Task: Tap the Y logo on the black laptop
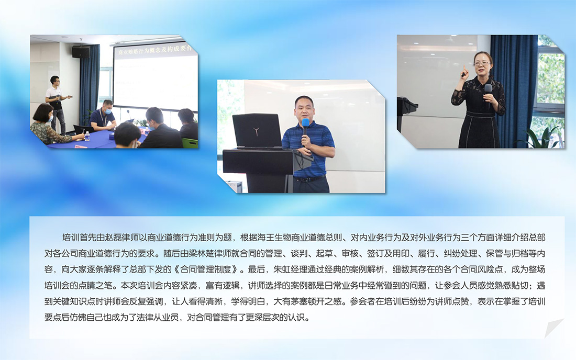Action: [256, 130]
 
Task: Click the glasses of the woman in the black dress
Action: [482, 64]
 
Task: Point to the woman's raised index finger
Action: [464, 70]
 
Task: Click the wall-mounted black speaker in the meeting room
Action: [81, 52]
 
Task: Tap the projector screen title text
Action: [154, 50]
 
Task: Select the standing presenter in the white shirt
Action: [56, 104]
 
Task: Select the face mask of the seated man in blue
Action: [108, 110]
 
